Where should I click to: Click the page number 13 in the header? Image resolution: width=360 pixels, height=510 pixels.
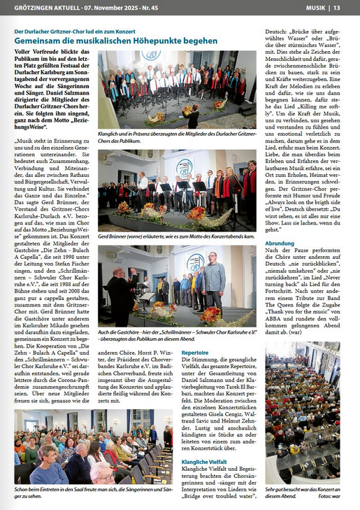[x=336, y=8]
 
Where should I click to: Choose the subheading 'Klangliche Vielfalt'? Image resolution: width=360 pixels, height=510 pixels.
[x=203, y=462]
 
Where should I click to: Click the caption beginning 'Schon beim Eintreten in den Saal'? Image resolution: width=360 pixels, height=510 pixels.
[x=91, y=493]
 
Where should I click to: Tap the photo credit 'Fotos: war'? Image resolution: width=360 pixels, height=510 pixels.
[x=329, y=496]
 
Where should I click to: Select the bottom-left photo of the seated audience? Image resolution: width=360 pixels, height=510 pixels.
[x=93, y=446]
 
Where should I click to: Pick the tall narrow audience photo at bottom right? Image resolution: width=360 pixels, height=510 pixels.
[x=303, y=413]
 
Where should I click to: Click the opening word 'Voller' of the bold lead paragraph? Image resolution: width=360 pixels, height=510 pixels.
[x=25, y=52]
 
